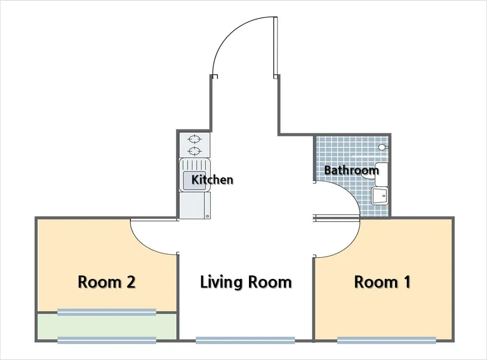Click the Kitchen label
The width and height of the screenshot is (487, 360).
pos(212,180)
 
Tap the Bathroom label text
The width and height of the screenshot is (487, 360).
pos(351,170)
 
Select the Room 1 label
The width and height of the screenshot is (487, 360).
pos(382,282)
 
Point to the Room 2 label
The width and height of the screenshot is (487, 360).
pos(107,282)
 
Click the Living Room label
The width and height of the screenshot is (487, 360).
pos(246,282)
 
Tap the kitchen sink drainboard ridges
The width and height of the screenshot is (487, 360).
pos(195,164)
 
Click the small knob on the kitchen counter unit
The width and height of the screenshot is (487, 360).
pos(208,216)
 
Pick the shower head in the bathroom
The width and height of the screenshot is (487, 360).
pos(383,147)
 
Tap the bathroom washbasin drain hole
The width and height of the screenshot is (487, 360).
pos(384,196)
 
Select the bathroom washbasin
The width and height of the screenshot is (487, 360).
pos(379,196)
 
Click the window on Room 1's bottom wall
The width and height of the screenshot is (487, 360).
pos(387,341)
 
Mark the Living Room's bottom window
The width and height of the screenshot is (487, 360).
pos(245,341)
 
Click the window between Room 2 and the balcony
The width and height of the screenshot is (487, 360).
pos(107,312)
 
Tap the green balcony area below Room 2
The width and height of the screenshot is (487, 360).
pos(107,326)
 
